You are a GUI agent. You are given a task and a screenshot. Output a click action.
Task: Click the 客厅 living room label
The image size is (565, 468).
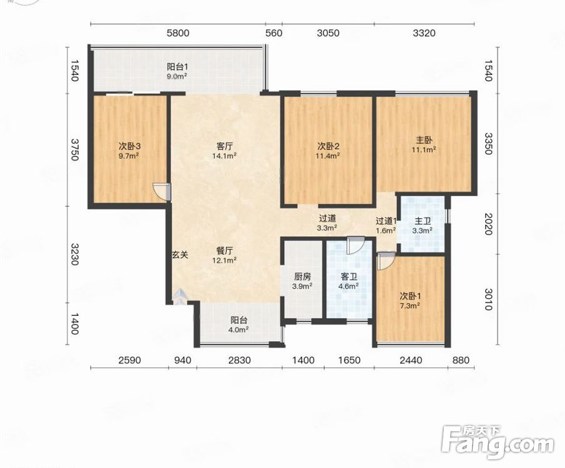pyautogui.click(x=224, y=146)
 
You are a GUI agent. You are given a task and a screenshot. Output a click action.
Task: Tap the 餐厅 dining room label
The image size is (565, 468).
pyautogui.click(x=224, y=250)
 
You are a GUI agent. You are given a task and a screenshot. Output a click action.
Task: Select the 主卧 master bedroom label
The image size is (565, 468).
pyautogui.click(x=424, y=140)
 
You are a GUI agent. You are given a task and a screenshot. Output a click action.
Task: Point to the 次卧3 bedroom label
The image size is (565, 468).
pyautogui.click(x=130, y=146)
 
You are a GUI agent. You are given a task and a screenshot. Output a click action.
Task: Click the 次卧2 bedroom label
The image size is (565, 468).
pyautogui.click(x=328, y=146)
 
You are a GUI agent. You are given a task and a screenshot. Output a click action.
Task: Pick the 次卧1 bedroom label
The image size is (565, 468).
pyautogui.click(x=410, y=296)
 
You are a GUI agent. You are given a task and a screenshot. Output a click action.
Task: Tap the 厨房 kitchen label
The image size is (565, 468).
pyautogui.click(x=302, y=276)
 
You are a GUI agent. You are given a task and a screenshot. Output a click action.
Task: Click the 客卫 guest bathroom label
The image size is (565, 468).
pyautogui.click(x=349, y=276)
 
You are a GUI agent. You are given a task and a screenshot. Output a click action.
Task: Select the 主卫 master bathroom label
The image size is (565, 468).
pyautogui.click(x=423, y=221)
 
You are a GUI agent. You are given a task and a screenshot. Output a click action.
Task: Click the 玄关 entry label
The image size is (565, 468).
pyautogui.click(x=180, y=255)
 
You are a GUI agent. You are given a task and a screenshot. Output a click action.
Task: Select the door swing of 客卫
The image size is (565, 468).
pyautogui.click(x=356, y=245)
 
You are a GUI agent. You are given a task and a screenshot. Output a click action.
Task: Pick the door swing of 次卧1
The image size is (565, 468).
pyautogui.click(x=386, y=261)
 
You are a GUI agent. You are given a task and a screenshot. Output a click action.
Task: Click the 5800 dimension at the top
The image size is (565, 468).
pyautogui.click(x=178, y=33)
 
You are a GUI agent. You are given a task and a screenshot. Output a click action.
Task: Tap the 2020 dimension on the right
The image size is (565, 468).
pyautogui.click(x=488, y=224)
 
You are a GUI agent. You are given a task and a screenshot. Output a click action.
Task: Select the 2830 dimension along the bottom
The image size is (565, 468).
pyautogui.click(x=240, y=360)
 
